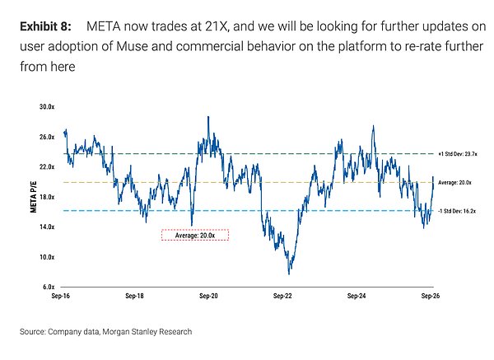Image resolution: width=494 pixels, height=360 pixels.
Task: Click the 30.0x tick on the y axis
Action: tap(47, 107)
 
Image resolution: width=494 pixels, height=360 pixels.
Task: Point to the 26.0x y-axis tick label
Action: tap(47, 137)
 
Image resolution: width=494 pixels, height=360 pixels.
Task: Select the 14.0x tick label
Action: tap(47, 227)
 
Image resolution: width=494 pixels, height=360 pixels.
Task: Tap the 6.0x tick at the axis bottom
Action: tap(49, 287)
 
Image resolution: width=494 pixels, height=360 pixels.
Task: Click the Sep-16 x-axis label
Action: tap(60, 296)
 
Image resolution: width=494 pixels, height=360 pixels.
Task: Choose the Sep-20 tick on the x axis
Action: tap(208, 296)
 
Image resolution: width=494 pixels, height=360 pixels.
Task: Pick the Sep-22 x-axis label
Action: tap(282, 296)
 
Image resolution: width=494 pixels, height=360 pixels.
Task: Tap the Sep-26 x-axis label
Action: tap(431, 296)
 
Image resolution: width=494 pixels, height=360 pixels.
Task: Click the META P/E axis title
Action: tap(34, 197)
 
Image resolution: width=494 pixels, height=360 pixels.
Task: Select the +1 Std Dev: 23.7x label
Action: tap(458, 154)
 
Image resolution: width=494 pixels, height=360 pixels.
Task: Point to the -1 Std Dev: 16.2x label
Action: tap(457, 211)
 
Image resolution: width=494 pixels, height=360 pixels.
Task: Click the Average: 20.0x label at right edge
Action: tap(454, 183)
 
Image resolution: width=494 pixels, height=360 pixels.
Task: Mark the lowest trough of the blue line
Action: tap(289, 274)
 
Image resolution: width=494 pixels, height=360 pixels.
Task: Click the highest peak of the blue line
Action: tap(208, 117)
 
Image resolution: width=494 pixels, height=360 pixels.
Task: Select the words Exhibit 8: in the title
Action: tap(45, 26)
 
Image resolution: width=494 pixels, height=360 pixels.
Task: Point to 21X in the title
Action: tap(216, 26)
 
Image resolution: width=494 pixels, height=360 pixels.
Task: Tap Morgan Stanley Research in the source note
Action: tap(147, 332)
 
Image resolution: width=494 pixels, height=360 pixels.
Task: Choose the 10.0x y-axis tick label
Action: tap(47, 257)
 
